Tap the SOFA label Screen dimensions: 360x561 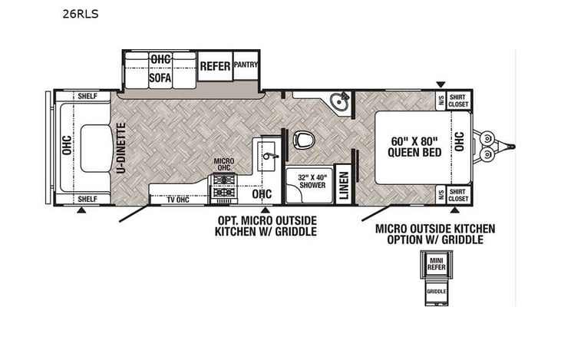tap(160, 77)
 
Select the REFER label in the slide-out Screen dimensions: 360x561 tap(215, 66)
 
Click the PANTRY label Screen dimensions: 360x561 tap(246, 64)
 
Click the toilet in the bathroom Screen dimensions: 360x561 tap(302, 141)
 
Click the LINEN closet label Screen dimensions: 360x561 tap(344, 184)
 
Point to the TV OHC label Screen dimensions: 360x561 tap(177, 200)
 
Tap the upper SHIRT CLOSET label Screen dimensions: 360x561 tap(458, 100)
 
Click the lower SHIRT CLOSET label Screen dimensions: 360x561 tap(458, 193)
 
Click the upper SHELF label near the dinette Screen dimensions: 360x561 tap(87, 97)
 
